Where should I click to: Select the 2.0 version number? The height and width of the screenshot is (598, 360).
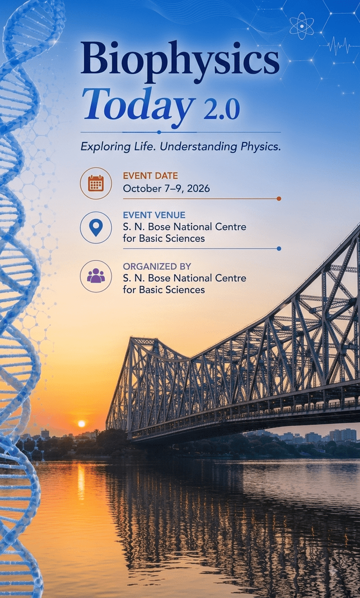click(x=221, y=110)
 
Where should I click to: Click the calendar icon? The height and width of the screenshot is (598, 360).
click(x=96, y=183)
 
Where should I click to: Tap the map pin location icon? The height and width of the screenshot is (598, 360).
click(x=96, y=228)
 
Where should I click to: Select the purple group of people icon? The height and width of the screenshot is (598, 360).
click(x=96, y=275)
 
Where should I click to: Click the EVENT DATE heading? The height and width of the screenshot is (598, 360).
click(x=150, y=176)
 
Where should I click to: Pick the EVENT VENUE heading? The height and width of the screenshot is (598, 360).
click(x=154, y=215)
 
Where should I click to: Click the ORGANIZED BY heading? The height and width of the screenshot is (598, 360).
click(x=157, y=266)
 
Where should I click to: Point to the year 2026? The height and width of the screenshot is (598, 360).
click(x=198, y=189)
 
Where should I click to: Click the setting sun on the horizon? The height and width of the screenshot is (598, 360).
click(x=81, y=424)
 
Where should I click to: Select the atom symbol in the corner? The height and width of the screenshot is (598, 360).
click(x=302, y=26)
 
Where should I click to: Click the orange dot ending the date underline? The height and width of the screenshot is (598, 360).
click(x=279, y=198)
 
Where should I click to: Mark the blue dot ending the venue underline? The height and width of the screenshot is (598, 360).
click(x=279, y=249)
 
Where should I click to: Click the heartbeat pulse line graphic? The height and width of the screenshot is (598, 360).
click(x=343, y=47)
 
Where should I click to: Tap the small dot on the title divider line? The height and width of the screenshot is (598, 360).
click(x=159, y=132)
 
